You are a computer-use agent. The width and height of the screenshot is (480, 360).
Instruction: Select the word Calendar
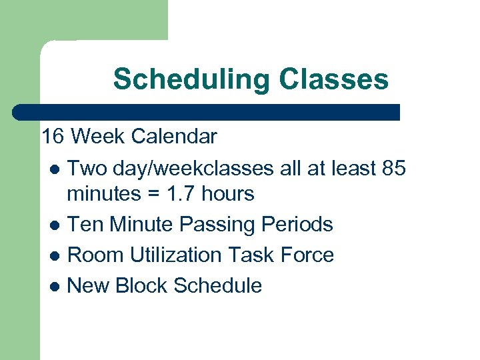coord(174,137)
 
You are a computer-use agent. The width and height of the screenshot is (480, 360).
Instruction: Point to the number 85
coord(393,169)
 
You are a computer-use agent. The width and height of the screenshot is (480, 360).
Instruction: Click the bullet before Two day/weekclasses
coord(54,170)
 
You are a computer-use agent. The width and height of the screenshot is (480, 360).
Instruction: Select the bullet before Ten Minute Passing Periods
coord(54,225)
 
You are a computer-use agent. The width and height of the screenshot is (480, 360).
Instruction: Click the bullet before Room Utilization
coord(54,256)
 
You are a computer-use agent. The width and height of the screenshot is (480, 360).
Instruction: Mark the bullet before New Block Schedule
coord(54,287)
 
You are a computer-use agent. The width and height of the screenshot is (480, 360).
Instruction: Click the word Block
coord(141,286)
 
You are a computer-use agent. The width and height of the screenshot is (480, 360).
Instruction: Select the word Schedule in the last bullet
coord(217,286)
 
